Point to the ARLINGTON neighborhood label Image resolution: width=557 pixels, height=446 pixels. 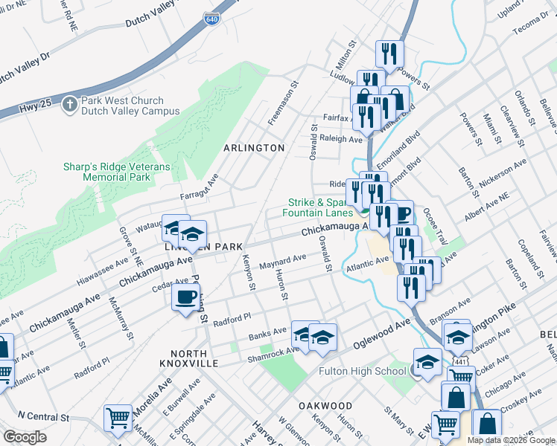point(254,148)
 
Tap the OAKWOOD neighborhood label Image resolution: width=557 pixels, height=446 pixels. point(325,406)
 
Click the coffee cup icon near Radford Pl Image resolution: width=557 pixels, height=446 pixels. point(185,298)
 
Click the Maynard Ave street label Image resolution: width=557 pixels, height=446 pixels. point(282,262)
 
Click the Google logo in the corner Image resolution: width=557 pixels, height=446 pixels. point(25,436)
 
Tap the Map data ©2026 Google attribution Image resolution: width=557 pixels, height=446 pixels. point(510,440)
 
